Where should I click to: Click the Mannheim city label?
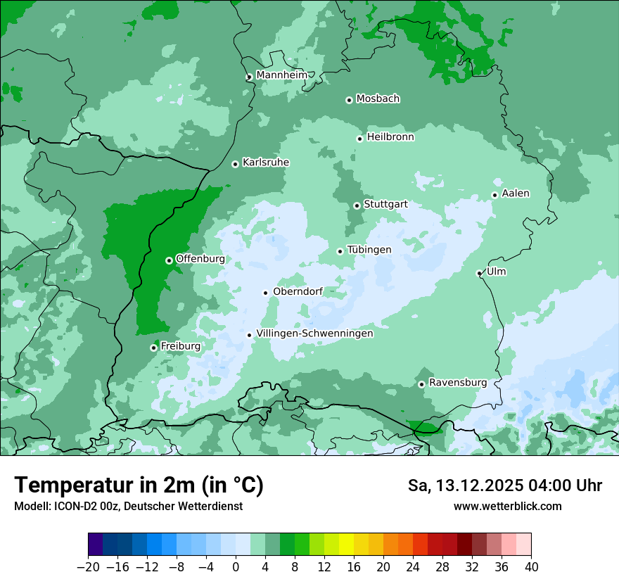(x=282, y=75)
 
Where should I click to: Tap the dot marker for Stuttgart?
(x=357, y=205)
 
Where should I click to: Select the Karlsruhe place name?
(x=266, y=163)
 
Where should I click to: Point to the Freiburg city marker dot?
(x=153, y=348)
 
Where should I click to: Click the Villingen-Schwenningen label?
(x=314, y=334)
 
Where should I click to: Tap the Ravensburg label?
(x=458, y=383)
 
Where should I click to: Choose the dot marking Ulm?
(x=480, y=273)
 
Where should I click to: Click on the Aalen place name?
(x=516, y=193)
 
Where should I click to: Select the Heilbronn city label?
(x=390, y=137)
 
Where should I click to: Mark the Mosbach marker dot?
(x=349, y=100)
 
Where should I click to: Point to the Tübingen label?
(x=369, y=250)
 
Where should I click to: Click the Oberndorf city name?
(x=298, y=291)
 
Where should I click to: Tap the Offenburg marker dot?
(x=169, y=260)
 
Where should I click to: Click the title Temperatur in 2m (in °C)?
(x=139, y=485)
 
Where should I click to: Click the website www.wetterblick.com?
(x=507, y=506)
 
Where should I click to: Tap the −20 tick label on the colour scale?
(x=88, y=567)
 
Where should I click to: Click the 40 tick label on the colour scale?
(x=531, y=567)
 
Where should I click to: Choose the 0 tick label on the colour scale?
(x=236, y=567)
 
